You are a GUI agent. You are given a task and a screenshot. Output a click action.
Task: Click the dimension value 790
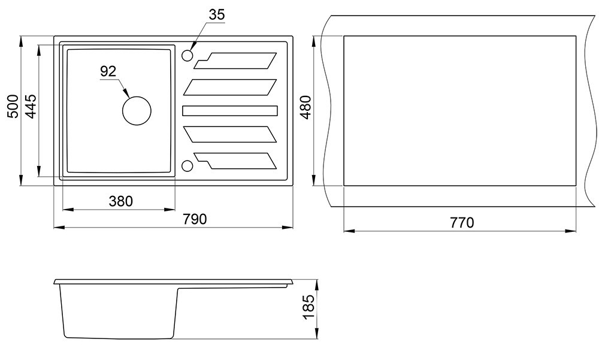coord(195,219)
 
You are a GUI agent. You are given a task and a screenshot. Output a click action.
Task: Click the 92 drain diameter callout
coord(108,72)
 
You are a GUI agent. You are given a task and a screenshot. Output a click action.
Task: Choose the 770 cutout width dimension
coord(461,223)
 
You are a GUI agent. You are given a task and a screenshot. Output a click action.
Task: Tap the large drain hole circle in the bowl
coord(137,110)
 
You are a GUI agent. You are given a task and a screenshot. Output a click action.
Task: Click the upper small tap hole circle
coord(187,56)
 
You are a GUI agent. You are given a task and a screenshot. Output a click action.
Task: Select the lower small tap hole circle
coord(187,165)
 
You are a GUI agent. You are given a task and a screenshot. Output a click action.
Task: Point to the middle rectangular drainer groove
coord(230,110)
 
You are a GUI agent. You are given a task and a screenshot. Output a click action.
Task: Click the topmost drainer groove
coord(237,59)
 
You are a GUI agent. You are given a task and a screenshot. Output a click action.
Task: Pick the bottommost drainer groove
coord(237,161)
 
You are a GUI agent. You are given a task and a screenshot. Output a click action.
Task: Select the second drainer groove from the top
coord(230,87)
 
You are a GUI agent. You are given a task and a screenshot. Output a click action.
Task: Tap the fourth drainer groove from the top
coord(230,134)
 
